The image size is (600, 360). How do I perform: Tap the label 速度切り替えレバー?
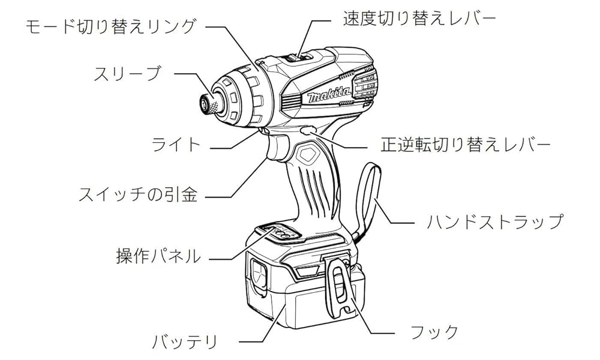click(419, 18)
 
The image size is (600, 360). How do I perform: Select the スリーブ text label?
click(127, 74)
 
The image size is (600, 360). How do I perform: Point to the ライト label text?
click(175, 144)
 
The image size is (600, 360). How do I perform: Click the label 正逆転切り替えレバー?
click(466, 145)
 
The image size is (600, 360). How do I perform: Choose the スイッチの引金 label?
click(139, 194)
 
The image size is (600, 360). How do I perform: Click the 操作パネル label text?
click(158, 256)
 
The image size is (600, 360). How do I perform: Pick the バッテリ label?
click(184, 342)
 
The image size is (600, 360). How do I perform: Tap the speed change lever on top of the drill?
click(294, 58)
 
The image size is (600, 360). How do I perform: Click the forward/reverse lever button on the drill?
click(306, 131)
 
